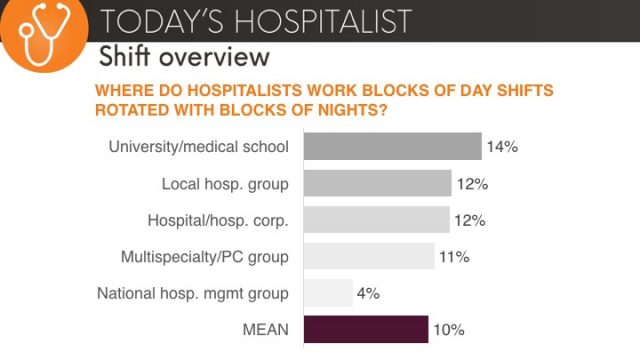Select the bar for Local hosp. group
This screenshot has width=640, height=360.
point(376,184)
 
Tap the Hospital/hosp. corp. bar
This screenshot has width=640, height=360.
point(376,220)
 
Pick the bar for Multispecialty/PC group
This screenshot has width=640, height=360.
point(368,257)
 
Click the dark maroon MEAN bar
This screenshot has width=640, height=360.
point(365,330)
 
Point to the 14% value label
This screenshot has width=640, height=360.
point(501,147)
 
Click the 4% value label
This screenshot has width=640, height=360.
point(367,293)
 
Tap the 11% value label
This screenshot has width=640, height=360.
point(454,257)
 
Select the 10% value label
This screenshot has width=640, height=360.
point(449,330)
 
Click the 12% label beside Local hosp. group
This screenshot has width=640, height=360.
point(471,184)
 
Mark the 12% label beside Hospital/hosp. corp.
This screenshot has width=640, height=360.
point(470,220)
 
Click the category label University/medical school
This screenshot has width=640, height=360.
point(198,147)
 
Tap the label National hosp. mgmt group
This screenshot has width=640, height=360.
point(192,293)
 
